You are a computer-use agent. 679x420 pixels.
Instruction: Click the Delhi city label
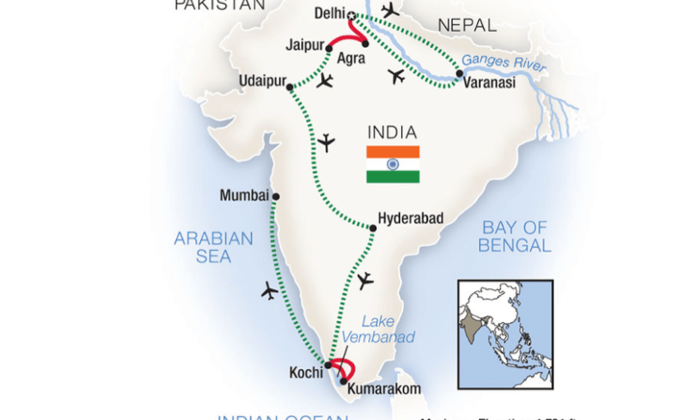tap(330, 14)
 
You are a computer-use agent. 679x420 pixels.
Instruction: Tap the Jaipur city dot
tap(329, 49)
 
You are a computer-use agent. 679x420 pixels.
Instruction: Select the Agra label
tap(351, 58)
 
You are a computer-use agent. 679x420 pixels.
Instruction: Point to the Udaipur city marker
tap(289, 86)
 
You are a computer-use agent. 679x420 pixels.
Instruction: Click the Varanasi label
tap(491, 82)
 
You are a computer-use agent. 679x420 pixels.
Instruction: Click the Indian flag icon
tap(393, 164)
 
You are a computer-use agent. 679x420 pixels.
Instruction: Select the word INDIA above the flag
tap(392, 133)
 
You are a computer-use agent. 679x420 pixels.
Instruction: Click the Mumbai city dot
tap(276, 196)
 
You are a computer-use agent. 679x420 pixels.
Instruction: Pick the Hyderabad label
tap(411, 218)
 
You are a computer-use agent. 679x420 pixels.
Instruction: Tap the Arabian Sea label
tap(213, 247)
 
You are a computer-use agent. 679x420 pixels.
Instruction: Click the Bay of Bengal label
tap(515, 236)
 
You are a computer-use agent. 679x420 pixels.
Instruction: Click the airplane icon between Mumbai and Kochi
tap(269, 290)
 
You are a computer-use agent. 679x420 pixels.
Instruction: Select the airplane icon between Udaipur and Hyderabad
tap(326, 142)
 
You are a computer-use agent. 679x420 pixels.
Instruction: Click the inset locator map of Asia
tap(505, 334)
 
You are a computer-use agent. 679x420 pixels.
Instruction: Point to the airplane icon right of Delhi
tap(390, 10)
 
